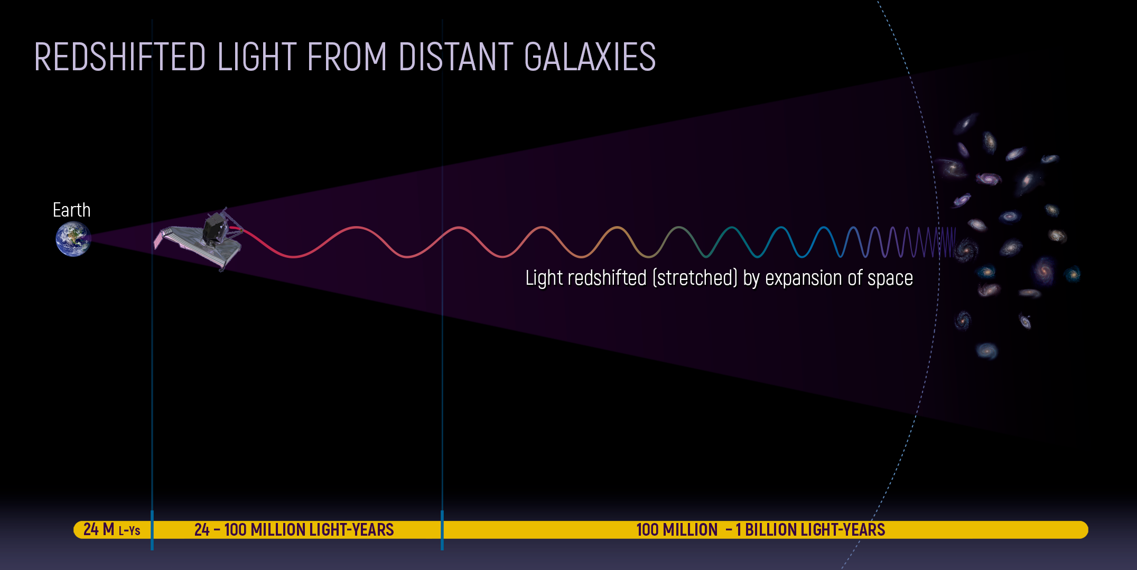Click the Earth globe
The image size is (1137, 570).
(73, 239)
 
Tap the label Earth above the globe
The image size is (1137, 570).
(71, 210)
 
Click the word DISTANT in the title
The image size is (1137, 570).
(456, 57)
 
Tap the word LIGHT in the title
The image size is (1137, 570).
(257, 57)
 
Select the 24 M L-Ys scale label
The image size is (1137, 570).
(112, 529)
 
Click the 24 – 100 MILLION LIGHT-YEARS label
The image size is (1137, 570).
(294, 529)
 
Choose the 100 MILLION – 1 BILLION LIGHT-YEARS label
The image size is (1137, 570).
(760, 529)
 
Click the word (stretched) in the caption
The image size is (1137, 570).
(695, 278)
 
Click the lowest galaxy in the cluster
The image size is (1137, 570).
(986, 350)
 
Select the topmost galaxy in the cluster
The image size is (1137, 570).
(967, 123)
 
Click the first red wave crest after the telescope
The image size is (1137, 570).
(357, 228)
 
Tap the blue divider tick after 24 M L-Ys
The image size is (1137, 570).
(152, 529)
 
